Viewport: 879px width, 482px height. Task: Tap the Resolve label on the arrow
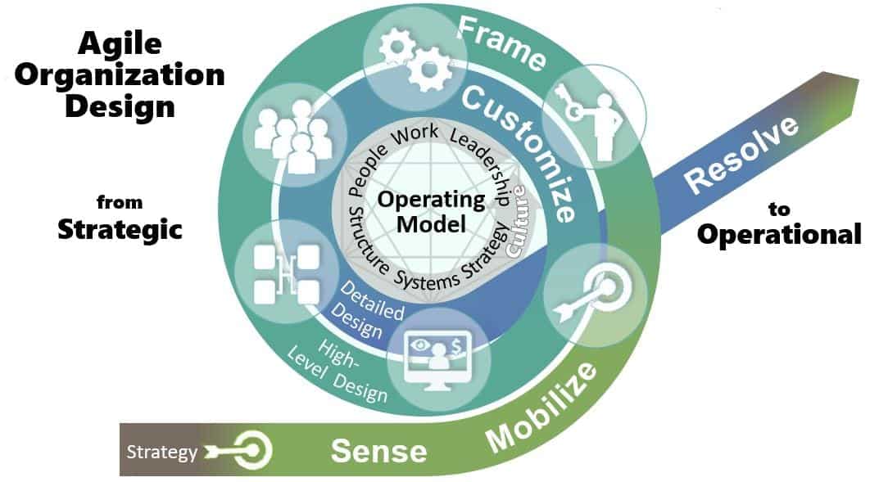[741, 155]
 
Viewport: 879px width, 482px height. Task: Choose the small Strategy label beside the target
[161, 453]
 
